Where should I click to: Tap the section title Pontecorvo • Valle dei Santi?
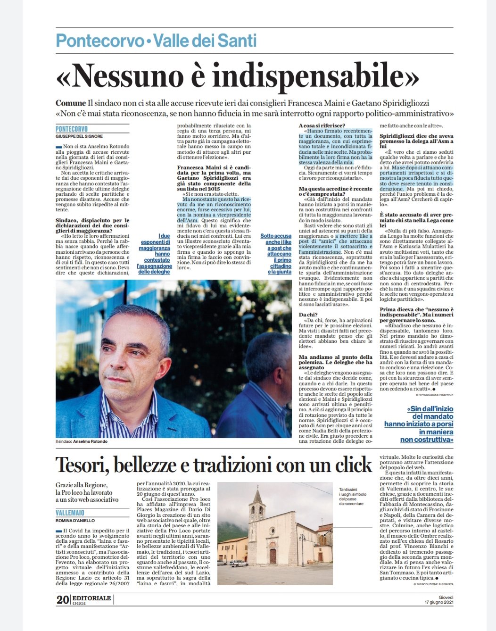156,41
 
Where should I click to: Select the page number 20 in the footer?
63,599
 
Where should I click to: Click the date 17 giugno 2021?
438,602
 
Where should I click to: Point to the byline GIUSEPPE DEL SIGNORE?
79,136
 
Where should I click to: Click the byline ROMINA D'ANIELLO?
75,521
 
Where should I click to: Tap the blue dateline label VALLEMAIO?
70,513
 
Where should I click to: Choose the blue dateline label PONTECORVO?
72,129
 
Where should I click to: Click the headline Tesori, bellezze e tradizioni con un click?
214,465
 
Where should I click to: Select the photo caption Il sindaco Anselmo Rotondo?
82,441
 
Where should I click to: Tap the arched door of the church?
273,556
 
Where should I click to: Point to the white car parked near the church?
239,563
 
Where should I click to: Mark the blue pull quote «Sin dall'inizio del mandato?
419,424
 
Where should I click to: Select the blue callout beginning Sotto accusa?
277,254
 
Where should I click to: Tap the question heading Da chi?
309,315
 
